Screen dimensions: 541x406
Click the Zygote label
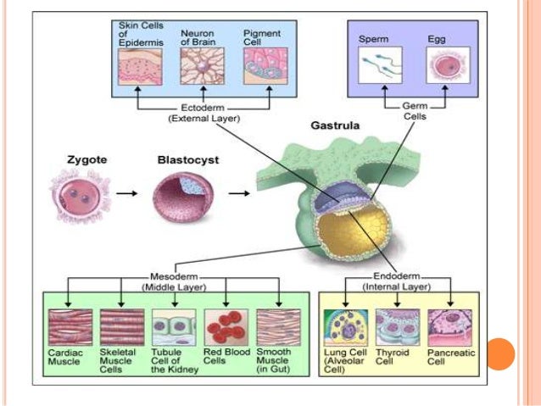[x=87, y=160]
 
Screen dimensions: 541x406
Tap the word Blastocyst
[x=188, y=160]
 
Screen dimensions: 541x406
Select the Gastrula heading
[x=335, y=125]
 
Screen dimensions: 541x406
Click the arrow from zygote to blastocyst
[x=126, y=193]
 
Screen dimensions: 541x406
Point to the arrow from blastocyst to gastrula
[x=239, y=193]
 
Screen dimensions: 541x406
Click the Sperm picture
[x=380, y=65]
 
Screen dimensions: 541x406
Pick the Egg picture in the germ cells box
[x=449, y=65]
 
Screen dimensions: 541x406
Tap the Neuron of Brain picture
[x=202, y=66]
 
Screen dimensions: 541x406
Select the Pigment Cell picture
[x=265, y=66]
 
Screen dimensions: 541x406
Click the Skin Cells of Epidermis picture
[x=140, y=67]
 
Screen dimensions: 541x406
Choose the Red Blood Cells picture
[x=226, y=327]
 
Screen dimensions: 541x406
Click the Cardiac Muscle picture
[x=70, y=327]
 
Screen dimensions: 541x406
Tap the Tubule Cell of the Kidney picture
[x=174, y=327]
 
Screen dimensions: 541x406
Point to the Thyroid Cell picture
[x=398, y=327]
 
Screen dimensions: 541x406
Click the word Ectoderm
[x=203, y=108]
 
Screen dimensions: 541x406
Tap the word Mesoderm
[x=174, y=276]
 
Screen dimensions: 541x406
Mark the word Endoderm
[x=397, y=276]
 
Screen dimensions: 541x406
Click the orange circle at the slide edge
[x=499, y=354]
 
